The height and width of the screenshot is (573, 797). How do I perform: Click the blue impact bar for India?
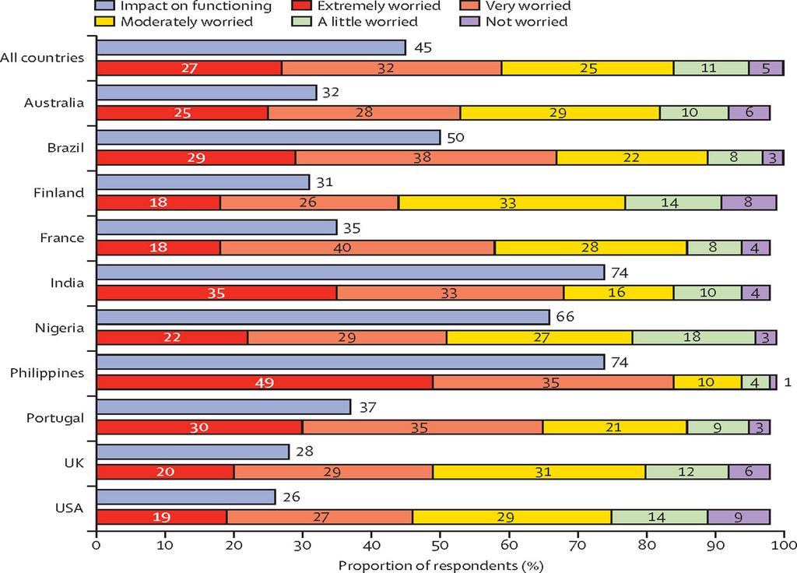(350, 272)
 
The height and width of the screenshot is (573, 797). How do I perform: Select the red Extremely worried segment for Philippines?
(265, 382)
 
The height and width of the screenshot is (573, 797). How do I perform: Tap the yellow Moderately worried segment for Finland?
(512, 202)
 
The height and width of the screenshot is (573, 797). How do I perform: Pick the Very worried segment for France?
(357, 248)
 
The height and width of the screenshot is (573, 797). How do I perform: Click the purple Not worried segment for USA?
(739, 517)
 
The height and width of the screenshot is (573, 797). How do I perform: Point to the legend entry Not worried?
(526, 22)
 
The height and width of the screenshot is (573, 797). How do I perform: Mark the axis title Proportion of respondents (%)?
(440, 564)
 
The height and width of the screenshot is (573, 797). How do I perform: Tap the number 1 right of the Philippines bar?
(788, 382)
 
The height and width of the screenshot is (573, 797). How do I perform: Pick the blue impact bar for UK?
(193, 452)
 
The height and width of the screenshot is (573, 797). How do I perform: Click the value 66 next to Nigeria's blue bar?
(564, 318)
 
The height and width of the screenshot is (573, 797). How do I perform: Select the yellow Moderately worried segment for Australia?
(560, 113)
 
